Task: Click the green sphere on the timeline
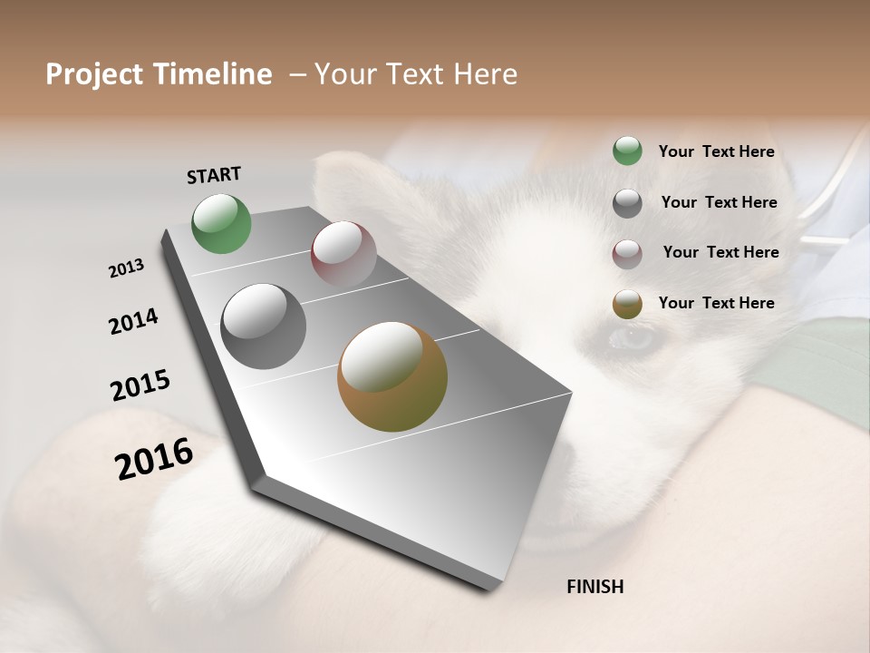click(x=222, y=224)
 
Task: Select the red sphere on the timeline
click(x=343, y=253)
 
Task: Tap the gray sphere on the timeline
click(x=264, y=326)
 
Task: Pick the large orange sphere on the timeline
click(x=392, y=376)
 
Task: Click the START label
click(x=214, y=175)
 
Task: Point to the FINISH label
click(x=595, y=587)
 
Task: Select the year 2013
click(x=127, y=268)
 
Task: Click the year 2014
click(x=133, y=321)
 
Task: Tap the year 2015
click(x=140, y=385)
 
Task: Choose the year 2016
click(x=154, y=459)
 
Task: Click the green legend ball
click(x=627, y=151)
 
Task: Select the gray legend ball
click(x=627, y=203)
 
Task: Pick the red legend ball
click(x=627, y=253)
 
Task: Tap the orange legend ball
click(x=627, y=304)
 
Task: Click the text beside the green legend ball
click(x=716, y=152)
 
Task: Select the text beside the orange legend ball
click(x=716, y=303)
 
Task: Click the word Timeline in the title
click(x=213, y=74)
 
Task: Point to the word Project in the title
click(x=94, y=74)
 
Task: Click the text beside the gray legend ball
click(x=719, y=202)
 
